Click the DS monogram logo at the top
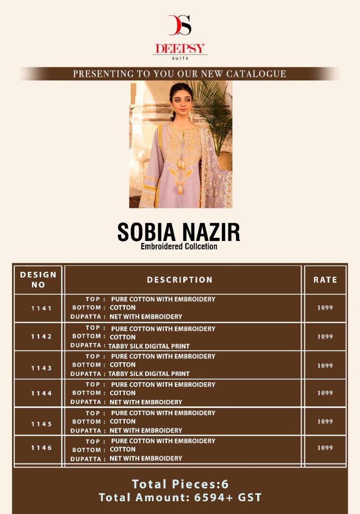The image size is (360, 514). click(x=180, y=25)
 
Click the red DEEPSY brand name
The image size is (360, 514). click(x=180, y=49)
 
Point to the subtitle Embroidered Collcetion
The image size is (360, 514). click(x=179, y=246)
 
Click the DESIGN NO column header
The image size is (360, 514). click(x=38, y=279)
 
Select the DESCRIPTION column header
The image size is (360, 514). click(x=180, y=280)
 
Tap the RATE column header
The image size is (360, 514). click(x=325, y=280)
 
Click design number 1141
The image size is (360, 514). click(x=42, y=308)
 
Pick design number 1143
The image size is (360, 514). click(x=42, y=368)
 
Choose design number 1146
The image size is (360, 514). click(x=42, y=447)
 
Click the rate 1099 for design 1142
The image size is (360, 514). click(x=325, y=337)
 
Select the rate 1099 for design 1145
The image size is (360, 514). click(x=325, y=421)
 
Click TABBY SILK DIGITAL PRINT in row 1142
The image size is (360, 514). click(x=149, y=346)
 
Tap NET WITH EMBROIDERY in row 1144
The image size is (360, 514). click(x=146, y=402)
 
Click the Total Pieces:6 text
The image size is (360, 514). click(x=180, y=484)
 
